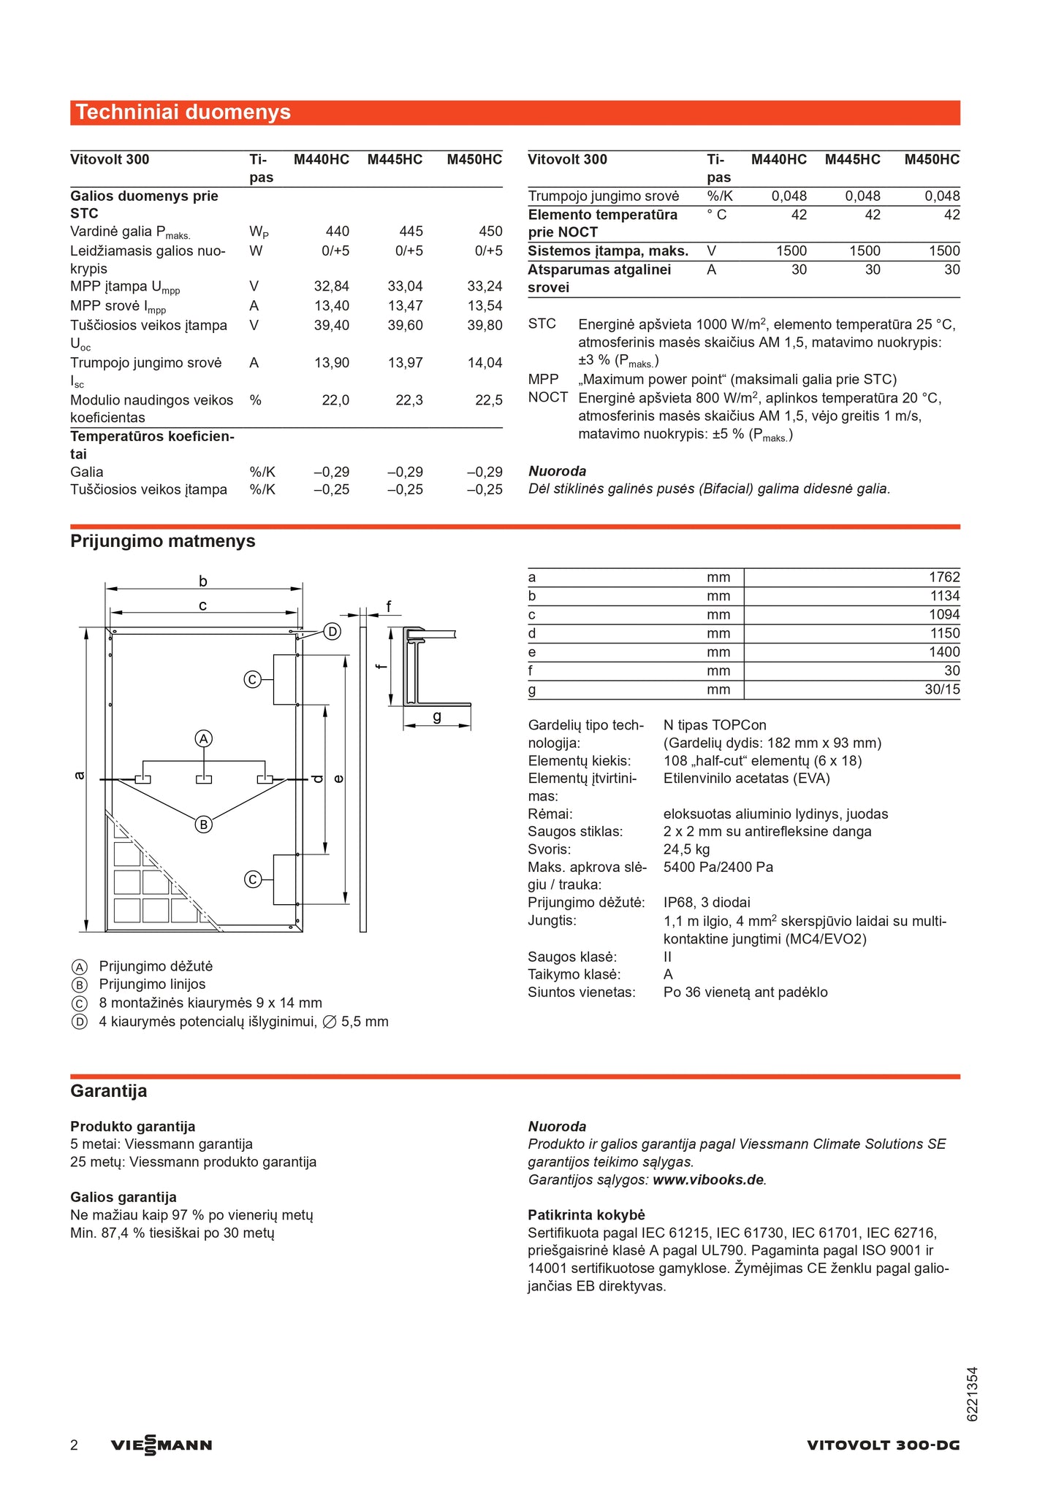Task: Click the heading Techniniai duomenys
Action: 183,112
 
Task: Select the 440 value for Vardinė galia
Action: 337,232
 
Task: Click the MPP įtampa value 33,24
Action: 485,286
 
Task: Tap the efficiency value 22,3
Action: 409,400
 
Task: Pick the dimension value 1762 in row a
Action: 943,577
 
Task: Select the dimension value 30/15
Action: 942,689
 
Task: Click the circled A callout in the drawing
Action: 204,739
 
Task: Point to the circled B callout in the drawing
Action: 204,825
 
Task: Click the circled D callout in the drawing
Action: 333,632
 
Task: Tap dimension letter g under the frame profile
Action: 437,716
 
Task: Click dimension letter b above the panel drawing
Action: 203,581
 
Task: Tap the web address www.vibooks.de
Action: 707,1179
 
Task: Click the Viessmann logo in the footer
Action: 162,1445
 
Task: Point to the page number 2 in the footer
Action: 74,1445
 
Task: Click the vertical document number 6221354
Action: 972,1394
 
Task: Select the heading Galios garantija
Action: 124,1197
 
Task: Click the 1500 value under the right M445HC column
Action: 865,251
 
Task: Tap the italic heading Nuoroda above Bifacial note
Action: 557,471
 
